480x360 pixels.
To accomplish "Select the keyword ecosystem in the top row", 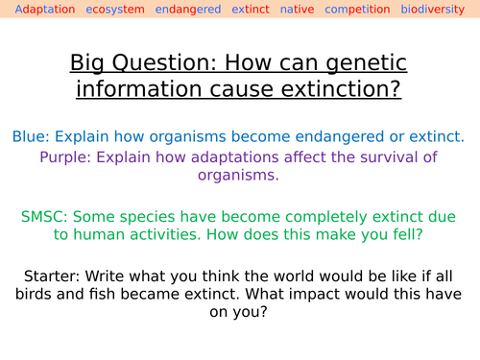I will (114, 10).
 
